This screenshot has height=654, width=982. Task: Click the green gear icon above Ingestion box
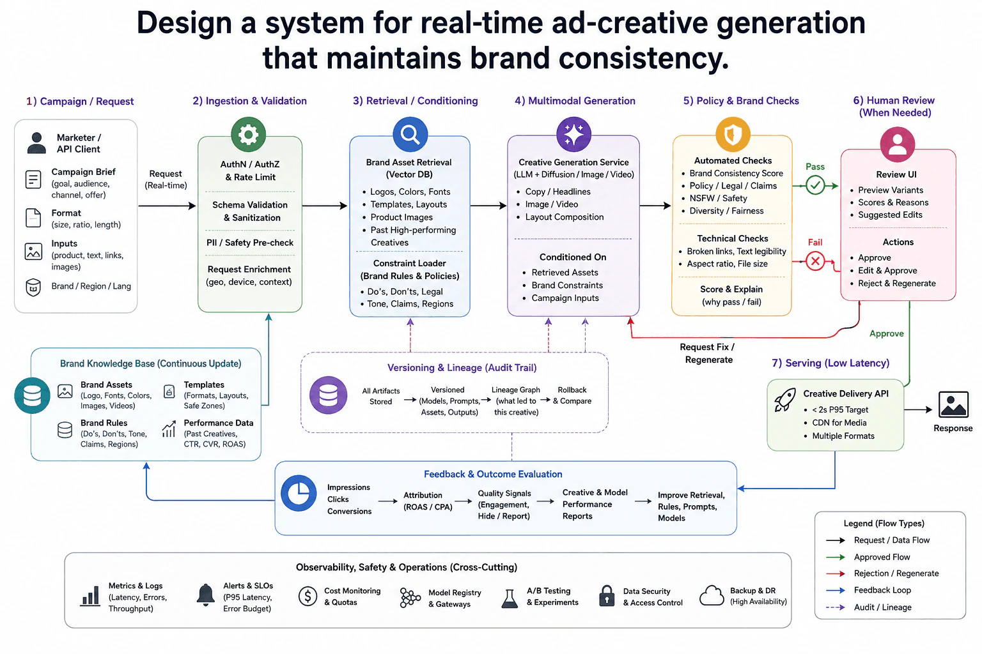pyautogui.click(x=248, y=134)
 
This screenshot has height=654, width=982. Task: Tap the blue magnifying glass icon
pyautogui.click(x=410, y=134)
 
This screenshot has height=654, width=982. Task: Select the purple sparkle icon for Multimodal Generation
pyautogui.click(x=573, y=134)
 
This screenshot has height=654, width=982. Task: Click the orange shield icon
pyautogui.click(x=733, y=134)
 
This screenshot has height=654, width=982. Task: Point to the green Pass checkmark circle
pyautogui.click(x=815, y=185)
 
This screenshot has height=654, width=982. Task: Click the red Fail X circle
pyautogui.click(x=815, y=261)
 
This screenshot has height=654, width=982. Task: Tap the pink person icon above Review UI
pyautogui.click(x=897, y=144)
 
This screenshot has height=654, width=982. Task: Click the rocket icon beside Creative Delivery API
pyautogui.click(x=784, y=400)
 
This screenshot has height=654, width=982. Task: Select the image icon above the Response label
pyautogui.click(x=953, y=404)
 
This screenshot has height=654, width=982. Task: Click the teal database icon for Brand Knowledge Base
pyautogui.click(x=32, y=395)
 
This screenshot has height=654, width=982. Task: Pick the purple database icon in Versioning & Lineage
pyautogui.click(x=329, y=395)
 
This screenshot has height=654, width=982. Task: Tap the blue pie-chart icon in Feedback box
pyautogui.click(x=299, y=493)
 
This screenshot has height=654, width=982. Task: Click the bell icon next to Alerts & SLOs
pyautogui.click(x=205, y=595)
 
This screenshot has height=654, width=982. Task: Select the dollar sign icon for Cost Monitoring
pyautogui.click(x=308, y=596)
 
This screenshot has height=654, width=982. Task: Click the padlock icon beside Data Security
pyautogui.click(x=607, y=596)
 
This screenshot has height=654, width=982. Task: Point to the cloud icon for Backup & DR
pyautogui.click(x=712, y=595)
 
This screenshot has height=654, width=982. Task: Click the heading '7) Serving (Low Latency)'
pyautogui.click(x=830, y=363)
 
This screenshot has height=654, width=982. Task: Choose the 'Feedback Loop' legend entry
pyautogui.click(x=882, y=590)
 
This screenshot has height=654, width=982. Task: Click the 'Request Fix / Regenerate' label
pyautogui.click(x=708, y=353)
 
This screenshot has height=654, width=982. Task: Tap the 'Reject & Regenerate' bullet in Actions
pyautogui.click(x=896, y=284)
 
